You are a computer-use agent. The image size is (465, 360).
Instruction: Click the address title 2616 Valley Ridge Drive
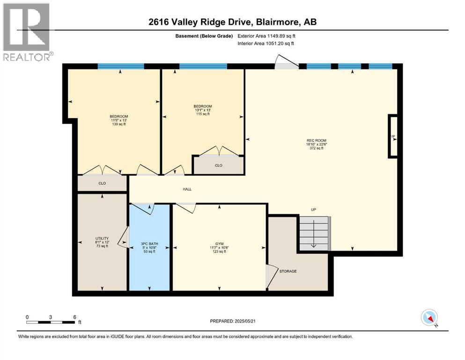coord(232,22)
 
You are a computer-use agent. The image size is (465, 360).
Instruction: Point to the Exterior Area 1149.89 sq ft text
coord(266,36)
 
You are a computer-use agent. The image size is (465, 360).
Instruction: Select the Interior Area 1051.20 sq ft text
coord(266,44)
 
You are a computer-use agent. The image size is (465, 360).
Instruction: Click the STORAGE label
coord(288,271)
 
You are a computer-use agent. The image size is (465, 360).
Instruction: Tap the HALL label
coord(187,189)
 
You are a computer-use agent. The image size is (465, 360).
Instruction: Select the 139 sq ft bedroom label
coord(119,120)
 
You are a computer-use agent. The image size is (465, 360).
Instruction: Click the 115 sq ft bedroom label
coord(203,110)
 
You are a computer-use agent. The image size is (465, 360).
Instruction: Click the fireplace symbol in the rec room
coord(393,136)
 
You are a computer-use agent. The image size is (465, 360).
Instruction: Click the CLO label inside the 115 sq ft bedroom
coord(219,165)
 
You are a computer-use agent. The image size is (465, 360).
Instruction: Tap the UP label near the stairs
coord(314,210)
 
